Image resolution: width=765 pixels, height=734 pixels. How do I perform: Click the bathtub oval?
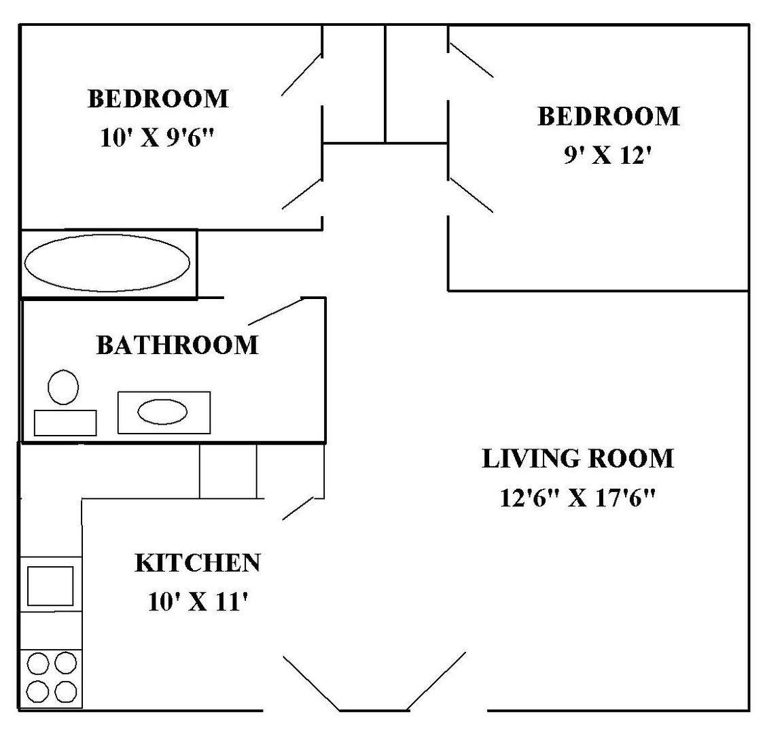click(25, 263)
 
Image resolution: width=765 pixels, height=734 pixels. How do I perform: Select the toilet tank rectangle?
click(65, 411)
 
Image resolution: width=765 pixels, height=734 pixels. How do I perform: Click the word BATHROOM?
click(177, 345)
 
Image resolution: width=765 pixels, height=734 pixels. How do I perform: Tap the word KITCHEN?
click(198, 563)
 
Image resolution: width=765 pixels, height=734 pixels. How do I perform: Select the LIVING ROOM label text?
click(578, 458)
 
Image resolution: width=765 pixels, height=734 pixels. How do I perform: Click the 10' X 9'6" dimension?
click(157, 138)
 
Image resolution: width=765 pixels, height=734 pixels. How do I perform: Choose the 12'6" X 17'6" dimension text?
click(577, 498)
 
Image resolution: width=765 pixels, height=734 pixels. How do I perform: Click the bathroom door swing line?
click(276, 311)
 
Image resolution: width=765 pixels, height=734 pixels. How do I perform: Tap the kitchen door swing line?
click(298, 508)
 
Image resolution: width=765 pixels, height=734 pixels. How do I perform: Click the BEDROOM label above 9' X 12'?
click(608, 116)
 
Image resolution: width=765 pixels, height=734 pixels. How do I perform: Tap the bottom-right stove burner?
click(66, 692)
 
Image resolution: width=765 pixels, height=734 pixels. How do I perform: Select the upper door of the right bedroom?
click(471, 60)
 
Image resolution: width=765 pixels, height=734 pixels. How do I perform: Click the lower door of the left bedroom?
click(302, 194)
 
